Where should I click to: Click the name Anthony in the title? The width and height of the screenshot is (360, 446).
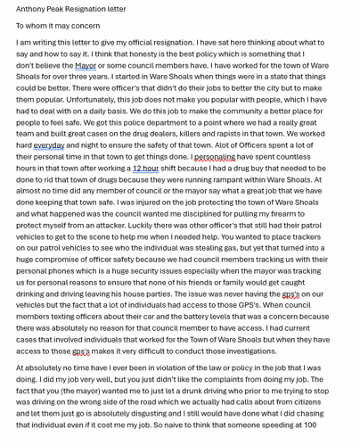pyautogui.click(x=31, y=9)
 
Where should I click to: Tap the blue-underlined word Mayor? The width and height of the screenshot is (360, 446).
pyautogui.click(x=86, y=65)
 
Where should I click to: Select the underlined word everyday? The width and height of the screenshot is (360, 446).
pyautogui.click(x=50, y=145)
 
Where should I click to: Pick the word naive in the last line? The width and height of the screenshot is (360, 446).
pyautogui.click(x=198, y=425)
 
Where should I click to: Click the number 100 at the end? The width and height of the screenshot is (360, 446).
pyautogui.click(x=308, y=425)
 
